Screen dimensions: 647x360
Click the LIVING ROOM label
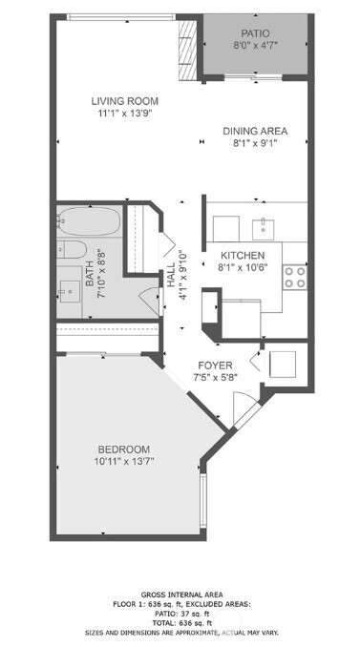pyautogui.click(x=124, y=101)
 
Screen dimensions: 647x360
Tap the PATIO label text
pyautogui.click(x=255, y=32)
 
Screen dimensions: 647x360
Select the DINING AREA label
pyautogui.click(x=255, y=132)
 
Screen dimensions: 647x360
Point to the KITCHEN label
pyautogui.click(x=243, y=256)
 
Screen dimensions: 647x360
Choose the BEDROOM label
pyautogui.click(x=124, y=449)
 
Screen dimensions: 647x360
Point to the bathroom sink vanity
pyautogui.click(x=68, y=286)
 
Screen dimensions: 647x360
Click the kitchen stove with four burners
pyautogui.click(x=294, y=277)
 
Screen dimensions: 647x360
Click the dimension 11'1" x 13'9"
pyautogui.click(x=124, y=115)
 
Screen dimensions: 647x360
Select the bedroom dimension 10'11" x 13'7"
pyautogui.click(x=124, y=463)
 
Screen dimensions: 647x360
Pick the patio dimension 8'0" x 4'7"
pyautogui.click(x=255, y=45)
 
